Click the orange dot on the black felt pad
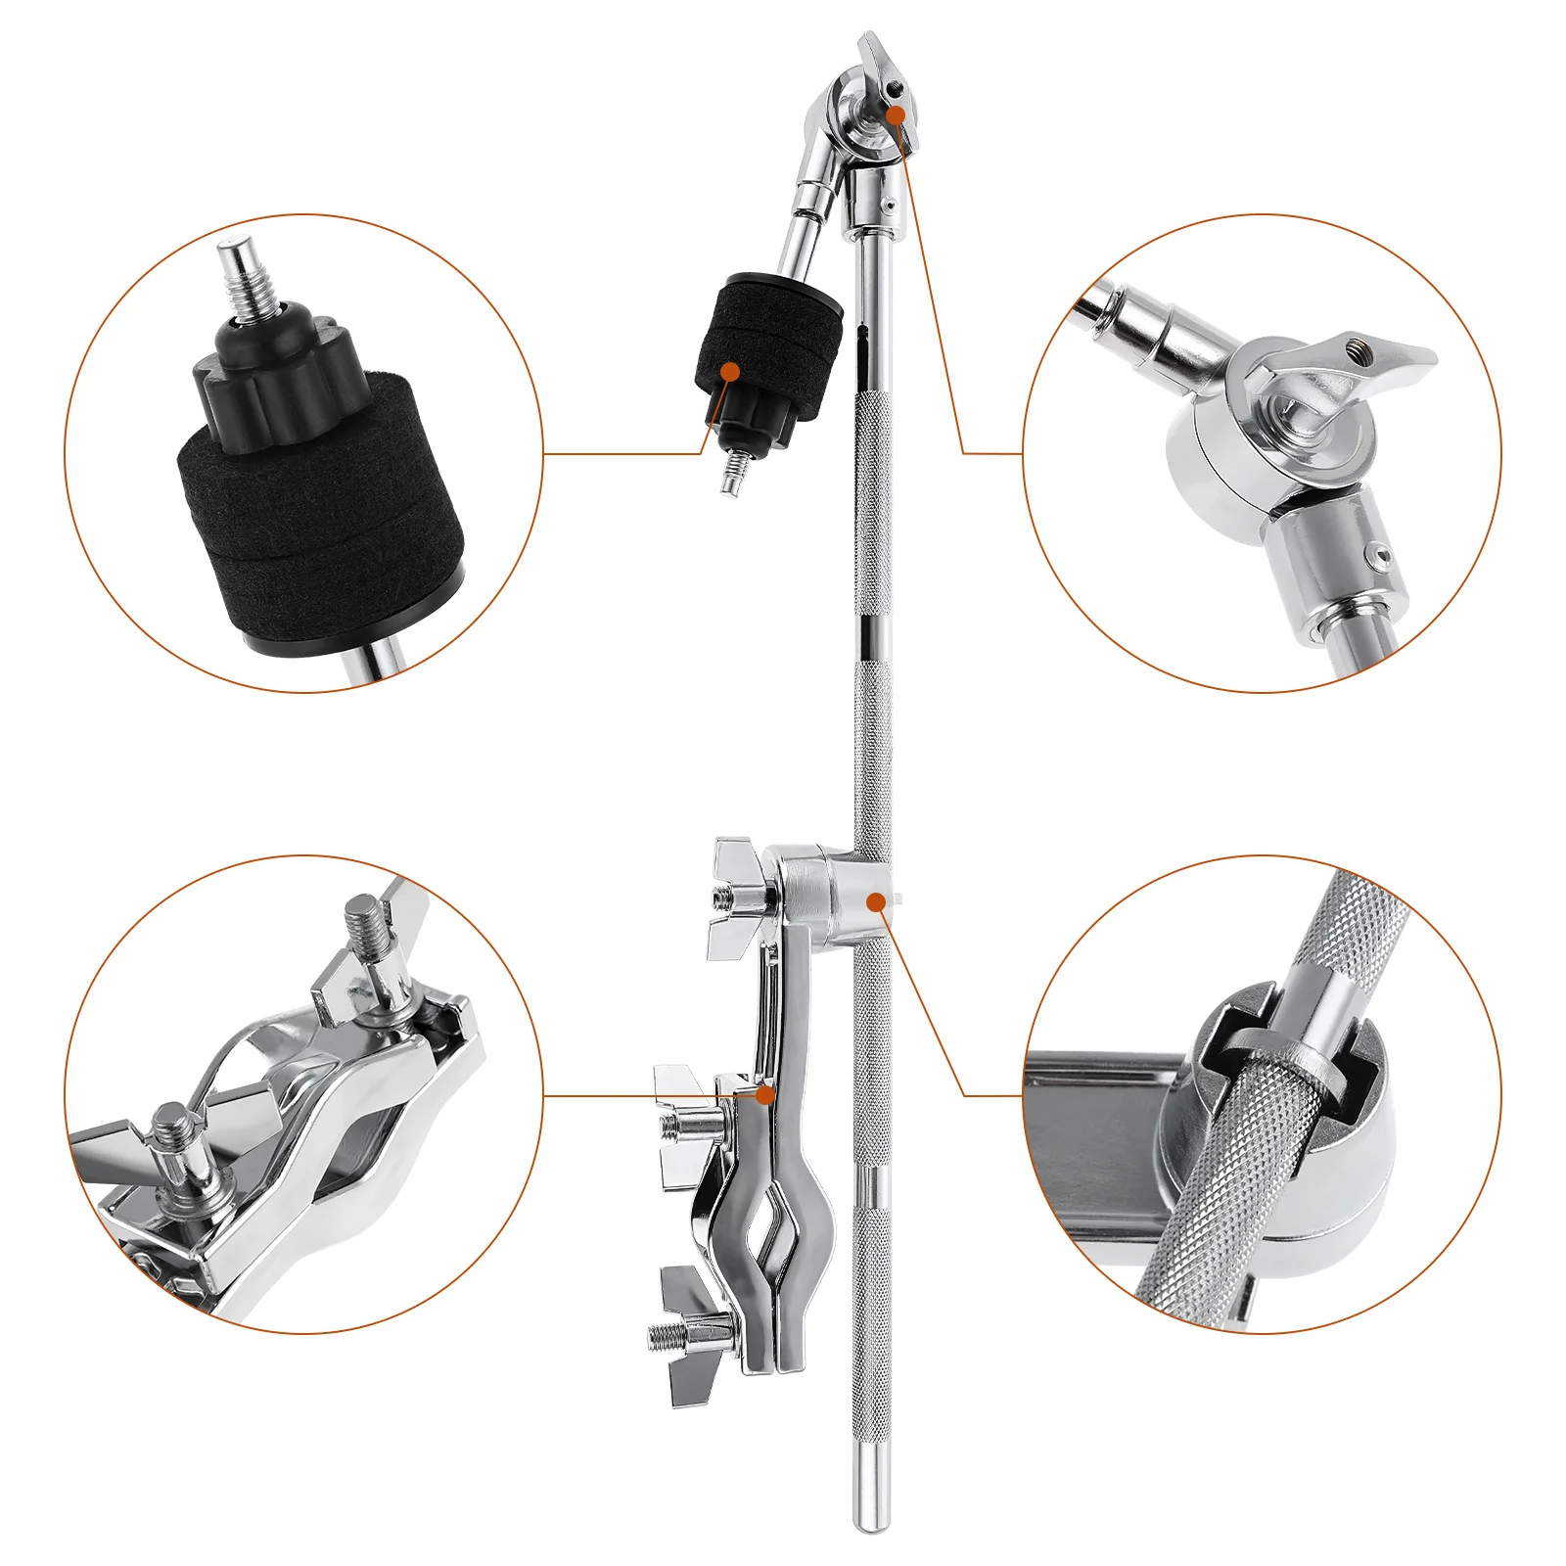[x=729, y=372]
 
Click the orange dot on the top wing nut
[x=896, y=115]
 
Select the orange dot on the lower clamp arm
[x=767, y=1094]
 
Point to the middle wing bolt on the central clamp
[x=690, y=1126]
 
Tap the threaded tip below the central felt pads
[x=729, y=476]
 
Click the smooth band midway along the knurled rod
[x=871, y=636]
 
